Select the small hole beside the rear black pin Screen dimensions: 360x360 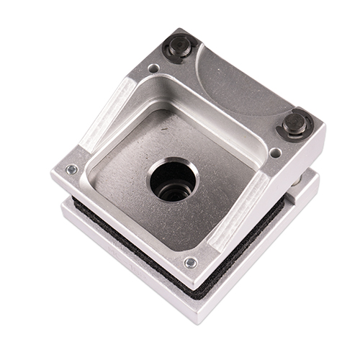point(153,68)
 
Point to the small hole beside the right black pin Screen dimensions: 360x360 point(275,153)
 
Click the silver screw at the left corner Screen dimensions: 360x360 point(71,170)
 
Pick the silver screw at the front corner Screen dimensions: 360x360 point(190,262)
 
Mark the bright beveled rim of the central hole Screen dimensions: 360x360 point(189,166)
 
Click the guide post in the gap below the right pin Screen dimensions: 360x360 point(296,184)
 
